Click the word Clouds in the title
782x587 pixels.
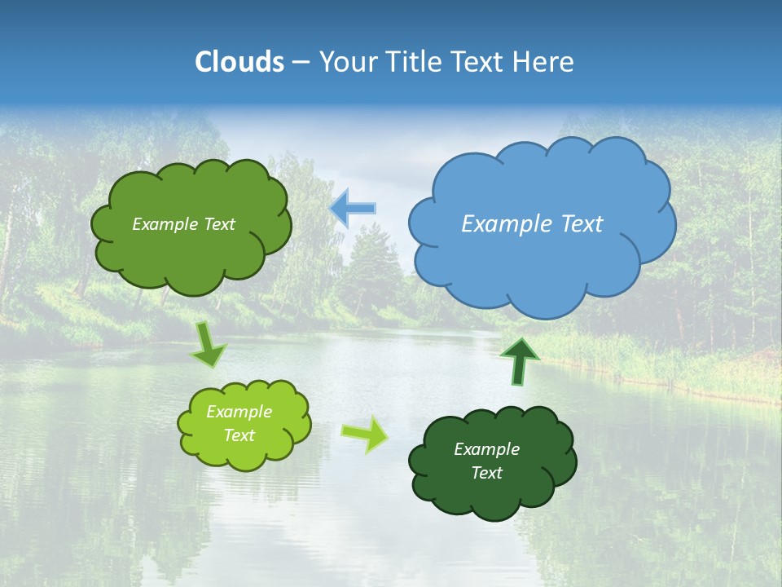coord(239,62)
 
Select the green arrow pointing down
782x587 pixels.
coord(209,346)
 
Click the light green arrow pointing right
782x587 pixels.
coord(365,434)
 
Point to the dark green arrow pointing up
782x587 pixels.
coord(519,362)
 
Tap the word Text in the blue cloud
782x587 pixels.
coord(580,224)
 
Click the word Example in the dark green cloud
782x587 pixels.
coord(486,449)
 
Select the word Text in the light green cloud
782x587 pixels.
coord(239,435)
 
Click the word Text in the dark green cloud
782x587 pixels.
coord(486,473)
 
